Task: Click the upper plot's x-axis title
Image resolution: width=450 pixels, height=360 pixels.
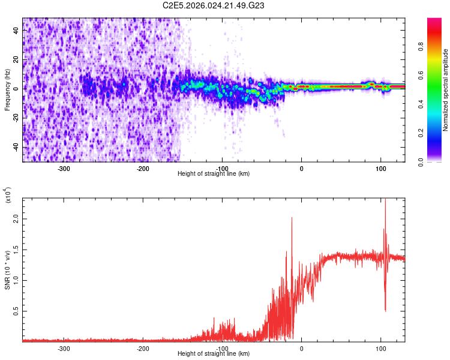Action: pyautogui.click(x=214, y=173)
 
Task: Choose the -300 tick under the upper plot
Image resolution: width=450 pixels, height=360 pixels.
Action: pyautogui.click(x=64, y=168)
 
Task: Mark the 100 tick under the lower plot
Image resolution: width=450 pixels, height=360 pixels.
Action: pyautogui.click(x=380, y=348)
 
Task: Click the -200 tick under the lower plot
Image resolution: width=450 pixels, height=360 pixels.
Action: pyautogui.click(x=143, y=348)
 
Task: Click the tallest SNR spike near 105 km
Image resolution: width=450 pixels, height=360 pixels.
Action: pyautogui.click(x=385, y=200)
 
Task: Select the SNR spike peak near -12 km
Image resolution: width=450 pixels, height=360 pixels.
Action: pyautogui.click(x=292, y=218)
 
